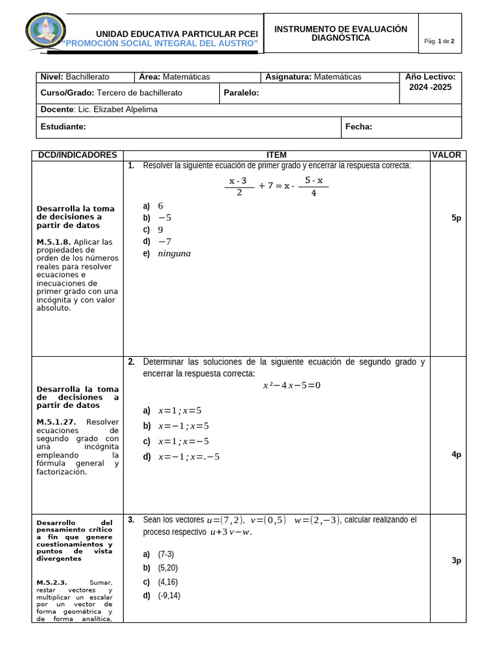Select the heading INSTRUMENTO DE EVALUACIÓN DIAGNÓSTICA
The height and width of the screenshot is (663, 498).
pyautogui.click(x=340, y=34)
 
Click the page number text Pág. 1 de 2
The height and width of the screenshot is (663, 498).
pyautogui.click(x=439, y=41)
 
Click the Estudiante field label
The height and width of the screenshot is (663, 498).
pyautogui.click(x=63, y=127)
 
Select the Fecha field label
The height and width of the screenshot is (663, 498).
pyautogui.click(x=359, y=127)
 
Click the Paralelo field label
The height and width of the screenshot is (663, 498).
pyautogui.click(x=241, y=93)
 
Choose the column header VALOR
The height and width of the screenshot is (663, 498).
pyautogui.click(x=447, y=155)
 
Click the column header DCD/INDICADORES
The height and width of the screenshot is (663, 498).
pyautogui.click(x=77, y=155)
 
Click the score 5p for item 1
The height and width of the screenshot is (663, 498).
pyautogui.click(x=456, y=219)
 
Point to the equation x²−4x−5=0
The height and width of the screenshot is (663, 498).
pyautogui.click(x=291, y=386)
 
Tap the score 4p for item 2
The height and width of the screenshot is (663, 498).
pyautogui.click(x=456, y=455)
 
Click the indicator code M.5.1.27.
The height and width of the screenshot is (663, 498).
pyautogui.click(x=56, y=422)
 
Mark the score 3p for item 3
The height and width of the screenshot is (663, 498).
pyautogui.click(x=456, y=561)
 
